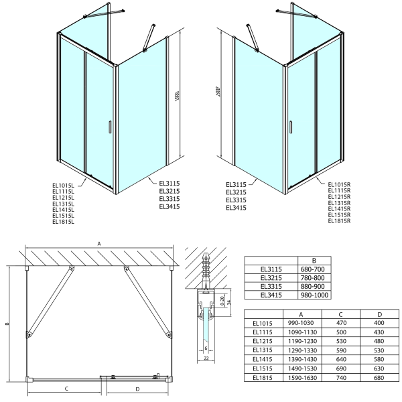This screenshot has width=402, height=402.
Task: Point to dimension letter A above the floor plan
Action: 99,244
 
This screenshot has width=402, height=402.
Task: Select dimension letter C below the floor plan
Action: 66,388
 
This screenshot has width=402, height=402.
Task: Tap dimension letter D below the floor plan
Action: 137,388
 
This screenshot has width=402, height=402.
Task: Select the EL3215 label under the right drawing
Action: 237,192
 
